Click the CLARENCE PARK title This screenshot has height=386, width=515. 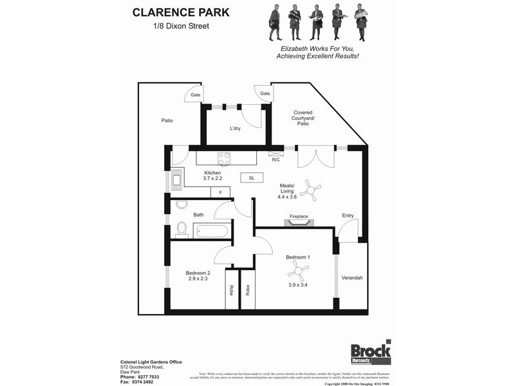(181, 12)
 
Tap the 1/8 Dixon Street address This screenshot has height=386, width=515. (181, 26)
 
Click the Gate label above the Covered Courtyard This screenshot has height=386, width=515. (265, 93)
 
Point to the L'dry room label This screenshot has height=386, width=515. (236, 129)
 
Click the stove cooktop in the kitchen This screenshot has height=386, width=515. (224, 158)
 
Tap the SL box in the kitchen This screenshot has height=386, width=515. (251, 178)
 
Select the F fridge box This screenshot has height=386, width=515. (220, 192)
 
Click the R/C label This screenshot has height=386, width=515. (276, 160)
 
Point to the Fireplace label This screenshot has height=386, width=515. (299, 216)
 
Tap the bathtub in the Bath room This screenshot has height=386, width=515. (211, 230)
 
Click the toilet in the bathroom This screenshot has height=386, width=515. (182, 229)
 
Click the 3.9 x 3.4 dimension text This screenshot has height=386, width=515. (297, 284)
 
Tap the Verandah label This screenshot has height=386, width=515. (352, 277)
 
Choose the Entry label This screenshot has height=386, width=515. (348, 216)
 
